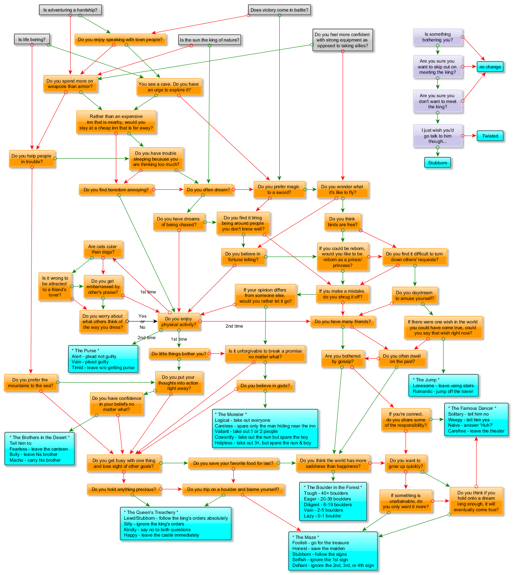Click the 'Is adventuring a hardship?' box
(70, 10)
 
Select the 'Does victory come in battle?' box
(279, 10)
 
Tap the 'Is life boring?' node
(32, 40)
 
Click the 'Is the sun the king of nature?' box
(209, 40)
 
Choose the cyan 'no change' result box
(490, 67)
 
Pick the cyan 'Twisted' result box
(490, 136)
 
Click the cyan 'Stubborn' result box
(437, 163)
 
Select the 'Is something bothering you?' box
(437, 37)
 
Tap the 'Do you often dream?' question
(208, 190)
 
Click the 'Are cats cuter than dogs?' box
(102, 249)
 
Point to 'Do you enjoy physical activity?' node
(179, 321)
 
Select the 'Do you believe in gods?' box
(265, 386)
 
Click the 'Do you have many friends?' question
(343, 321)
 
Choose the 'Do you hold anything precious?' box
(124, 489)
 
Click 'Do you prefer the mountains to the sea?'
(31, 383)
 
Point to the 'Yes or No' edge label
(142, 321)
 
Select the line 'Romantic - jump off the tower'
(443, 391)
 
